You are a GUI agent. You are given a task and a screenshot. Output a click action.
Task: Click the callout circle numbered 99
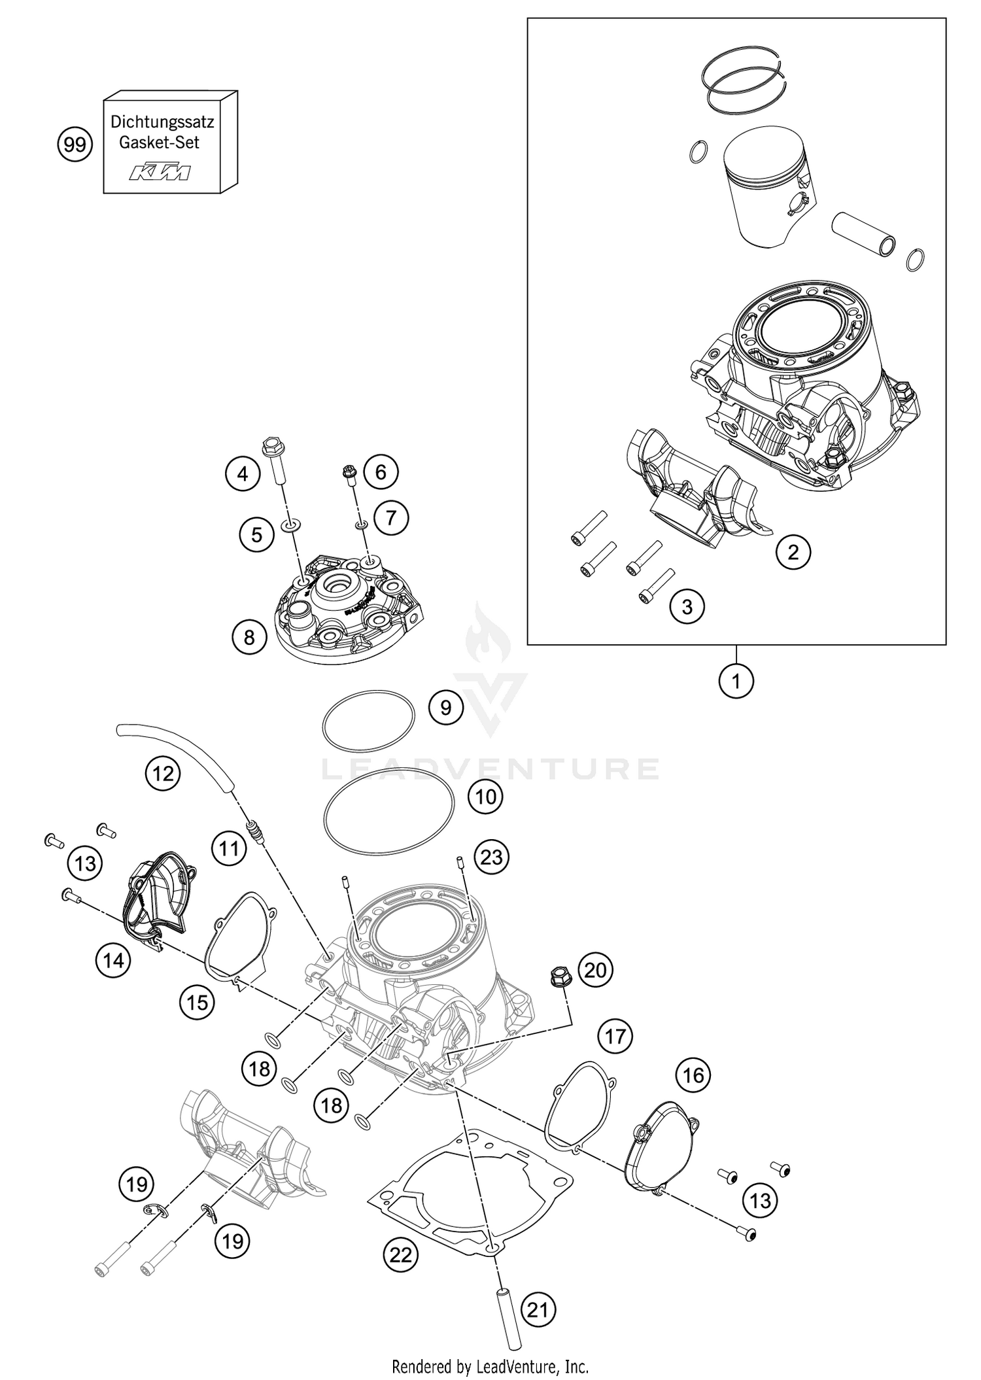tap(75, 144)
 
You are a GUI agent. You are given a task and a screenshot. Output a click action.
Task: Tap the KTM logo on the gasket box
tap(160, 173)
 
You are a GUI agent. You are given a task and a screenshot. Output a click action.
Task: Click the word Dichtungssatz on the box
tap(162, 122)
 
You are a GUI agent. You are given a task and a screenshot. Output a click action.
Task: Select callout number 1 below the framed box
tap(736, 681)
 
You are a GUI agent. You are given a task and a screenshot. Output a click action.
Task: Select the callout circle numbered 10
tap(486, 797)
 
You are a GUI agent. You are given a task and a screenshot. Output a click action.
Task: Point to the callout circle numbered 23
tap(491, 856)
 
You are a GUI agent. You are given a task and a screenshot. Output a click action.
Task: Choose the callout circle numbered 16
tap(694, 1075)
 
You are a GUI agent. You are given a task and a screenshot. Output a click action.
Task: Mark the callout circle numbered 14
tap(113, 961)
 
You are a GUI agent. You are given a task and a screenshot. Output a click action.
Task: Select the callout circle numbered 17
tap(615, 1036)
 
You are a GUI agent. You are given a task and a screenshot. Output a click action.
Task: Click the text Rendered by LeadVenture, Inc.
tap(490, 1366)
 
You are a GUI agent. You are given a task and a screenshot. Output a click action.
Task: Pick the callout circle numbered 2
tap(793, 553)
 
